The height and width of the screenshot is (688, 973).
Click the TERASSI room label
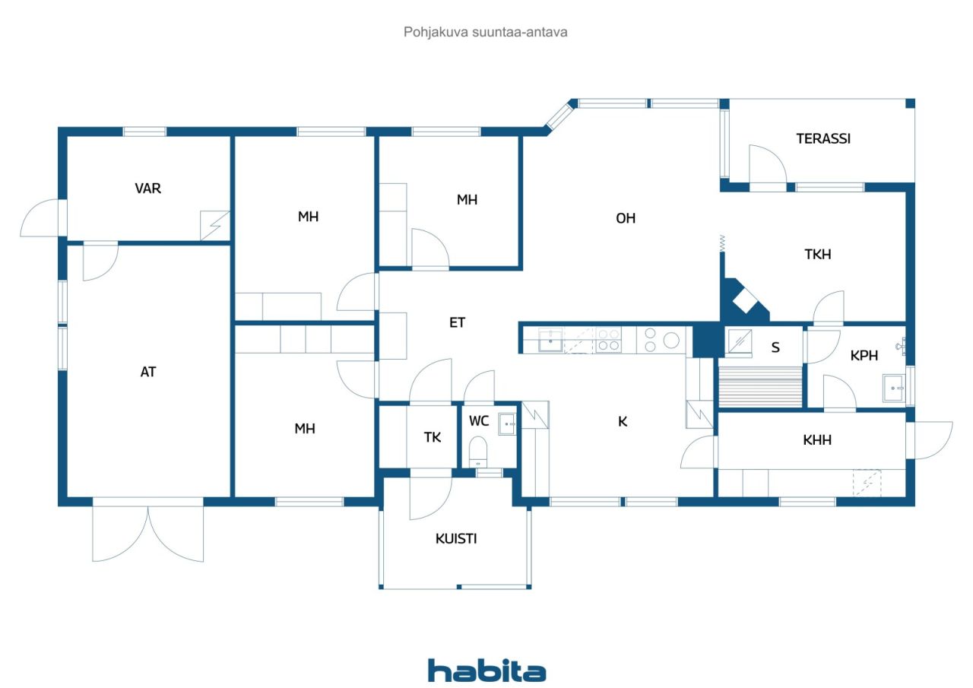(x=823, y=138)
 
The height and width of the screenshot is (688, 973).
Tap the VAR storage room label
(x=147, y=188)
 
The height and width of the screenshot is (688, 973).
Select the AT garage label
(x=147, y=372)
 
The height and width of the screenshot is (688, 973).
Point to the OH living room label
(x=626, y=218)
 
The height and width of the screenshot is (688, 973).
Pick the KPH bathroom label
(x=864, y=355)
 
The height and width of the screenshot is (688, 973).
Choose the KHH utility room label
(x=817, y=440)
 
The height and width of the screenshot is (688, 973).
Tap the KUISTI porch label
(x=456, y=538)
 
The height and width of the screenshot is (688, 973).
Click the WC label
(x=479, y=420)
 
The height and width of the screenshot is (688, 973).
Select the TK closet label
(x=433, y=437)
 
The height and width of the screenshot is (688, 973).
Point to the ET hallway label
(x=457, y=322)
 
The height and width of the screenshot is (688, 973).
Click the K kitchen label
(x=623, y=421)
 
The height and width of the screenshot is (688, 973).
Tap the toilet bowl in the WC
(x=478, y=452)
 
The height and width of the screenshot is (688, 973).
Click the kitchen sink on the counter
(x=550, y=340)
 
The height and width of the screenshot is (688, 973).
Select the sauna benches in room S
(x=760, y=386)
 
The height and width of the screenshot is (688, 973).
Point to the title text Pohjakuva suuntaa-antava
(x=485, y=32)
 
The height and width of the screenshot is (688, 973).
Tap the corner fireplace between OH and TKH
(x=743, y=300)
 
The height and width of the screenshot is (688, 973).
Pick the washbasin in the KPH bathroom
(x=894, y=388)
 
